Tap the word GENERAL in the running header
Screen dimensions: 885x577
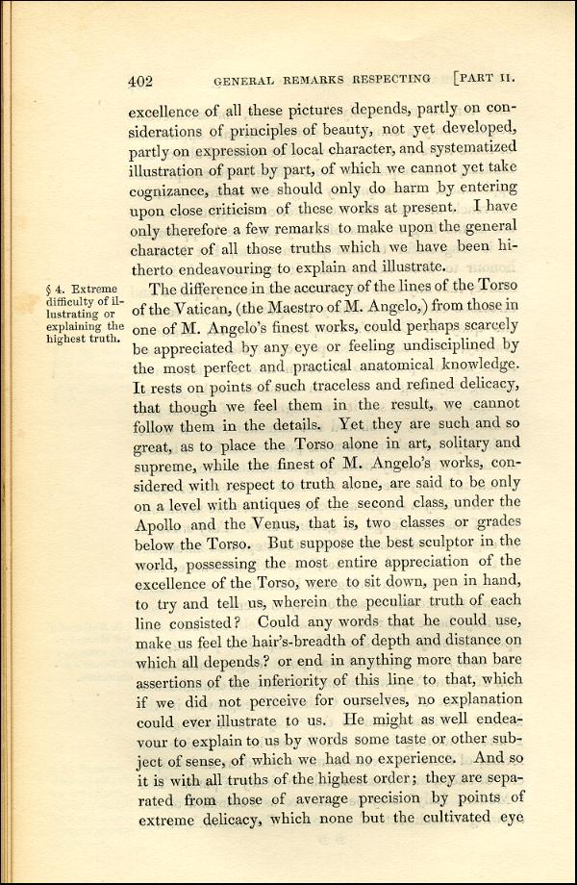point(246,82)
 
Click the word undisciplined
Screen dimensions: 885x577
point(427,343)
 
